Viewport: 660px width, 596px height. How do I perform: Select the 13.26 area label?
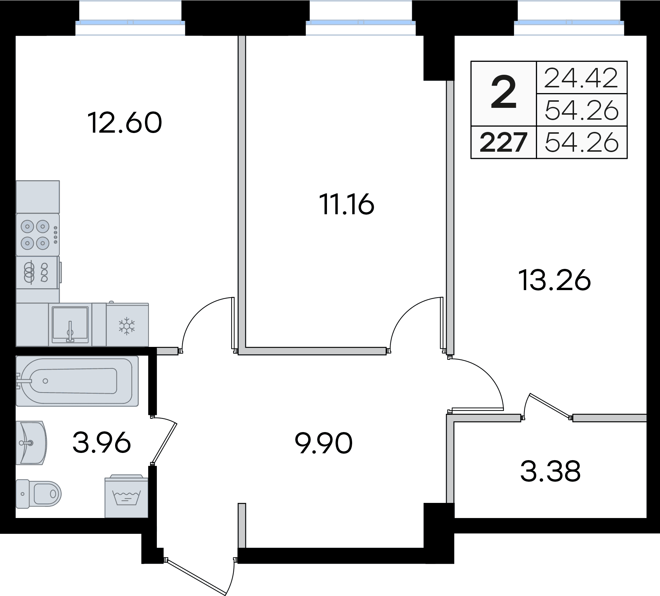554,280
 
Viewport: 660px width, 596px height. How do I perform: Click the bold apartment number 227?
504,142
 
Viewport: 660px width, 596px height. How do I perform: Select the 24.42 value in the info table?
581,78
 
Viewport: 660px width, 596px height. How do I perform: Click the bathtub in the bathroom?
77,381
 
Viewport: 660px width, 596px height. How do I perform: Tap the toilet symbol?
39,494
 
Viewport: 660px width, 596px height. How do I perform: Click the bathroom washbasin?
32,442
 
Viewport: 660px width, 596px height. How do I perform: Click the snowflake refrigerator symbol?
127,326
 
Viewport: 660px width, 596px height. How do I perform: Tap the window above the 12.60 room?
130,22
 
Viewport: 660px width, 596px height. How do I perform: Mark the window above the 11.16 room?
360,22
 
